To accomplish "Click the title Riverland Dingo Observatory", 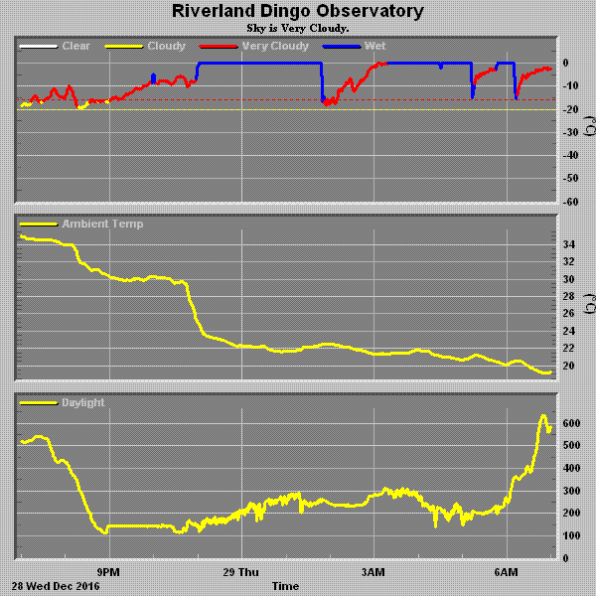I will coord(297,12).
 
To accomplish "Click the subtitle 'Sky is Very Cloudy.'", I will coord(297,28).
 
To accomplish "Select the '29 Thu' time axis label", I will coord(240,572).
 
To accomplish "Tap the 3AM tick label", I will coord(373,572).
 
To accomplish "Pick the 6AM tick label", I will coord(507,572).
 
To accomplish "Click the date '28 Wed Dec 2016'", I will coord(57,586).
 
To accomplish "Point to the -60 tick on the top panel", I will coord(570,202).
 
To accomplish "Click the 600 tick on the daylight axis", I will coord(570,423).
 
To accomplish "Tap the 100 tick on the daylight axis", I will coord(570,536).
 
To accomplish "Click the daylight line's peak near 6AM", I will coord(543,415).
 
